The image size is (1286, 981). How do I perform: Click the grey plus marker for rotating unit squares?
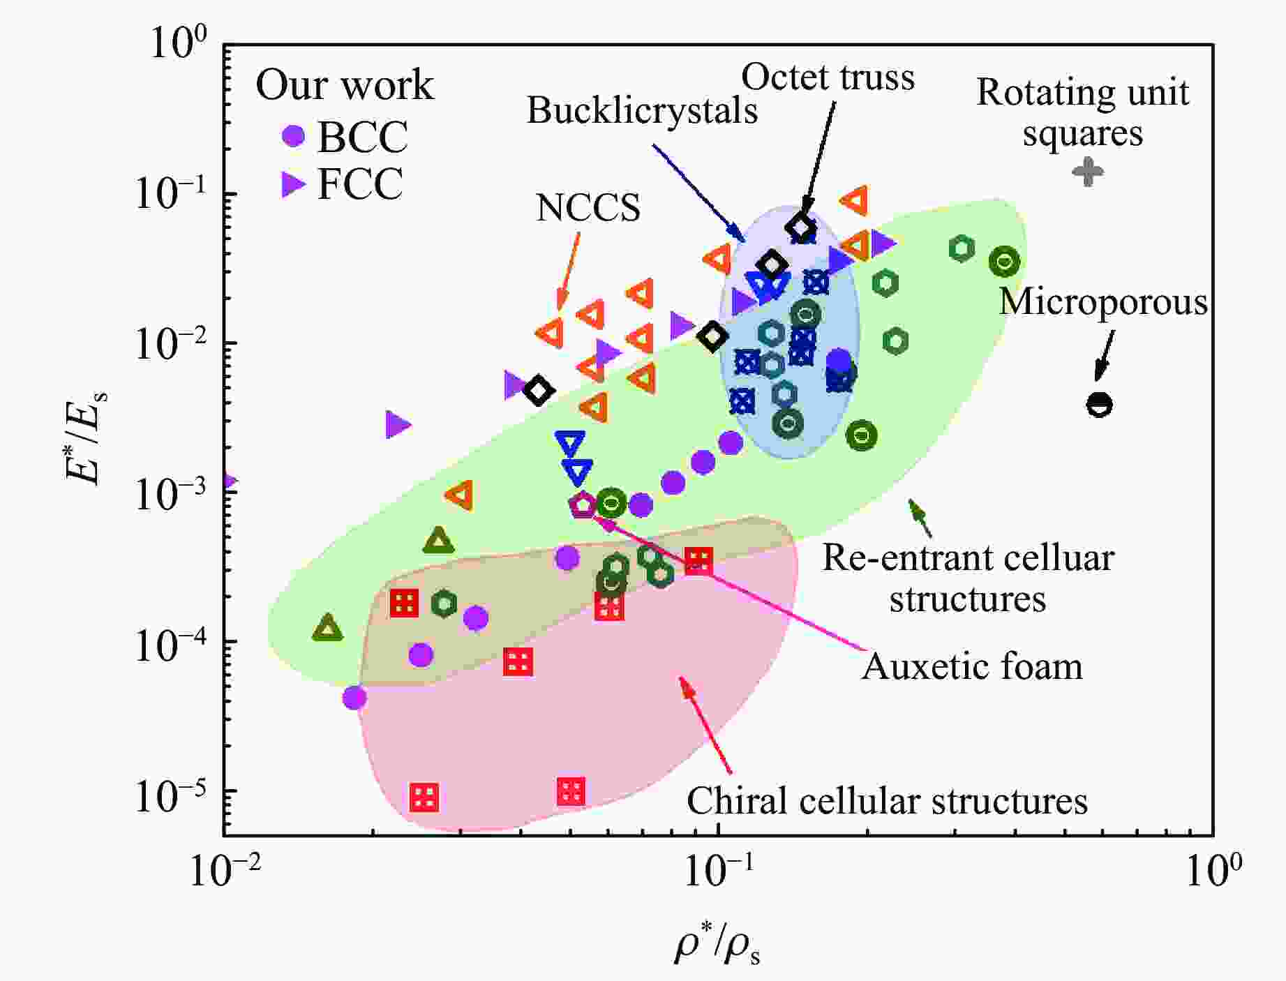pyautogui.click(x=1088, y=171)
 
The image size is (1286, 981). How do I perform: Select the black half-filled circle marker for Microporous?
pyautogui.click(x=1099, y=405)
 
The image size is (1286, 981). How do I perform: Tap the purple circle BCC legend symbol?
pyautogui.click(x=294, y=135)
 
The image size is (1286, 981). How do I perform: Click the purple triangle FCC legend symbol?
pyautogui.click(x=293, y=185)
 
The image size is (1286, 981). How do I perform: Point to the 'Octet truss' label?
pyautogui.click(x=828, y=77)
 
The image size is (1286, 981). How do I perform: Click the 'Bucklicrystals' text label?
pyautogui.click(x=642, y=110)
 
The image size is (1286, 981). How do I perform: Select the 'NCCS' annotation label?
pyautogui.click(x=588, y=208)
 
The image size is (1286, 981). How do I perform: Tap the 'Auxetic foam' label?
pyautogui.click(x=972, y=666)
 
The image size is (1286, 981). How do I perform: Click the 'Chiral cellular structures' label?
pyautogui.click(x=887, y=801)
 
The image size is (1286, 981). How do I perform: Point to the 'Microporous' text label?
pyautogui.click(x=1103, y=302)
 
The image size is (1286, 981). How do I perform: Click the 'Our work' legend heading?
pyautogui.click(x=345, y=85)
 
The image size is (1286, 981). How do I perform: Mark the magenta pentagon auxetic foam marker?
pyautogui.click(x=582, y=504)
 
